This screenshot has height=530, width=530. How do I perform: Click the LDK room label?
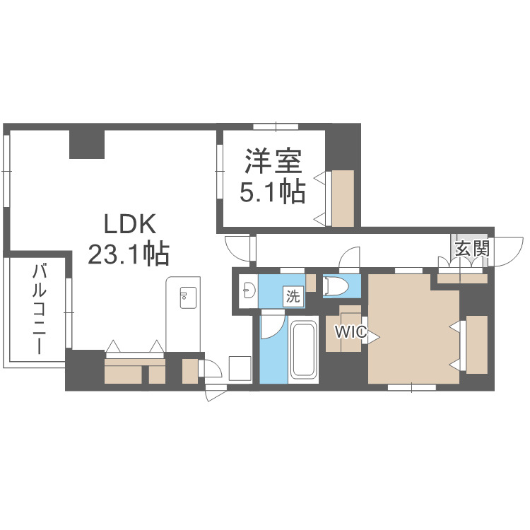click(x=129, y=225)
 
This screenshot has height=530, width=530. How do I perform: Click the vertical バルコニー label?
click(x=40, y=309)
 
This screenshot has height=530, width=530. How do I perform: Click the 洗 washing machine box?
click(x=293, y=296)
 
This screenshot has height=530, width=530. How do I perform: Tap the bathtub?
click(x=305, y=349)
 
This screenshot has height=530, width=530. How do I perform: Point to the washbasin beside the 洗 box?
click(x=248, y=290)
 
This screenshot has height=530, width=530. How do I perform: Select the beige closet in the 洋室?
click(x=343, y=198)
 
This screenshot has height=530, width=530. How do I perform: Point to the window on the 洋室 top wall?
click(x=274, y=127)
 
